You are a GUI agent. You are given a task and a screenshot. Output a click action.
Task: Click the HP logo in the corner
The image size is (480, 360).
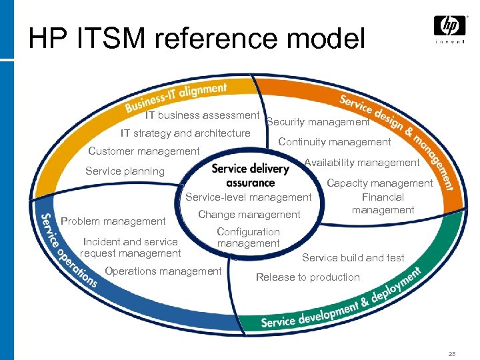[x=450, y=29]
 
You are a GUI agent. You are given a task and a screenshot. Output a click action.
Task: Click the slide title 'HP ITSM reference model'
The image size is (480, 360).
[x=197, y=38]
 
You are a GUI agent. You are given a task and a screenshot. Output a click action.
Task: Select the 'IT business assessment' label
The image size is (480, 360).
[x=202, y=115]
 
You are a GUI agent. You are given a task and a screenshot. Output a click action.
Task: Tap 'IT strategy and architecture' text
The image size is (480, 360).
[x=185, y=133]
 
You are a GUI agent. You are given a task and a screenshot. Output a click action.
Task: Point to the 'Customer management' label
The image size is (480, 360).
[x=144, y=151]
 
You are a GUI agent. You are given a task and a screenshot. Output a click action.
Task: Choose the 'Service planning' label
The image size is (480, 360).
[x=125, y=171]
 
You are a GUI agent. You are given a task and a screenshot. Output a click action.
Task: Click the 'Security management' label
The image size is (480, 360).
[x=318, y=122]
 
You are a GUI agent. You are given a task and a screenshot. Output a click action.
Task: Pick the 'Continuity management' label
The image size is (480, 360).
[x=335, y=141]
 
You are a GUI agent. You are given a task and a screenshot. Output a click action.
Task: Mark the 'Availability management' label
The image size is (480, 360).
[x=362, y=163]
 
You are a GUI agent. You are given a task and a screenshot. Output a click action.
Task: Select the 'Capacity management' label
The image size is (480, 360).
[x=379, y=183]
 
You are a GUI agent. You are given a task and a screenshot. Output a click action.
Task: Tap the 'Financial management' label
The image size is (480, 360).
[x=383, y=203]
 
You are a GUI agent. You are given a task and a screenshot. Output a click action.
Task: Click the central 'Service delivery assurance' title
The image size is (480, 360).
[x=251, y=175]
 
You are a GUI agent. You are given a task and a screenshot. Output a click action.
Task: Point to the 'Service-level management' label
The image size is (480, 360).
[x=248, y=197]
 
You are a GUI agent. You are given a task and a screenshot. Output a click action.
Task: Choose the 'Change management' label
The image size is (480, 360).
[x=249, y=215]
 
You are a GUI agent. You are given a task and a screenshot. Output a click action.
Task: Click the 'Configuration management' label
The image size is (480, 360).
[x=248, y=237]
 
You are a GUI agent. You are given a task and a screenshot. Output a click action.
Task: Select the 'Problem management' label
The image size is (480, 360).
[x=113, y=221]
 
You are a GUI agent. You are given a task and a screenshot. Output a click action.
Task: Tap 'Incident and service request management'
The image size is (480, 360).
[x=131, y=247]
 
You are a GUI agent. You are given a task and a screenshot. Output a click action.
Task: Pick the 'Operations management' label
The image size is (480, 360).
[x=163, y=271]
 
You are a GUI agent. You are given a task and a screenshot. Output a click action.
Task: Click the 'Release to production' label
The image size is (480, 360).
[x=307, y=277]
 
